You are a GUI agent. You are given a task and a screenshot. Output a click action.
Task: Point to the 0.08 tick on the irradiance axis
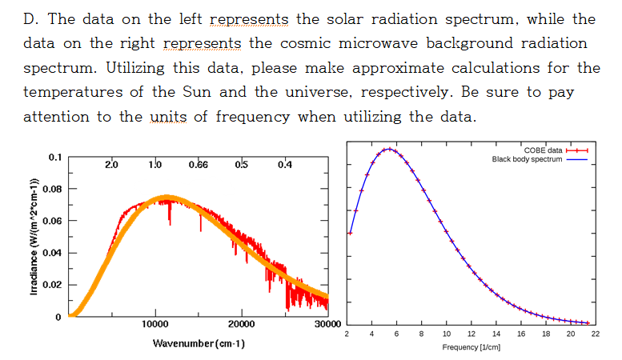tap(50, 189)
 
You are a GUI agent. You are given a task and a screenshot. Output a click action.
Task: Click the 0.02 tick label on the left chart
tap(50, 285)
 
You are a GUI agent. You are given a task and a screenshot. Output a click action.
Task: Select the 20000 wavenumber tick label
tap(241, 324)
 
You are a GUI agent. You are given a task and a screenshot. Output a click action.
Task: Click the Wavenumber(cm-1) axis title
tap(199, 343)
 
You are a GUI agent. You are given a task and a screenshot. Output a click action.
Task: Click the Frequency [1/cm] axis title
tap(471, 348)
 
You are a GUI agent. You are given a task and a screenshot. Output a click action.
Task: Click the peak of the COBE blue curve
tap(387, 149)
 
